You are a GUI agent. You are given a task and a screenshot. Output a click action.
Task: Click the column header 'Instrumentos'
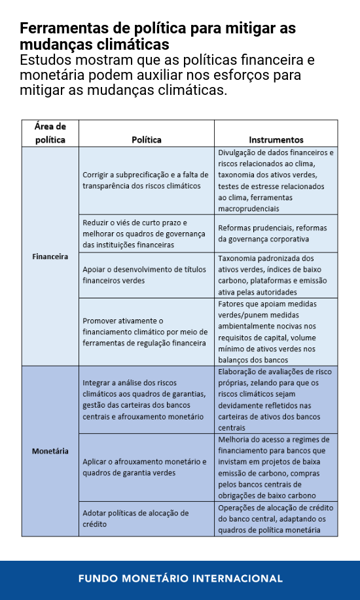point(276,139)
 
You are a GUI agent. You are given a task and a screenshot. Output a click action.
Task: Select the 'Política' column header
point(146,139)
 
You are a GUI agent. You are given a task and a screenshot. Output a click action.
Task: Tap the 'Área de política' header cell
point(50,133)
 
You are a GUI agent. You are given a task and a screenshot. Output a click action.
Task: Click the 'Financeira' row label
point(50,256)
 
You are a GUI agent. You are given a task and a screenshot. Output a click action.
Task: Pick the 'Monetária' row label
point(50,451)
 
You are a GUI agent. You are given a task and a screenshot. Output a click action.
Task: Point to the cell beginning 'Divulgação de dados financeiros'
point(276,181)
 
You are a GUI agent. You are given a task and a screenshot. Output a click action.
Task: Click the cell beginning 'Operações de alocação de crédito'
point(276,519)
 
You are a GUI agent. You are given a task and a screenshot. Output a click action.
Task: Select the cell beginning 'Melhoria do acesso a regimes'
point(276,467)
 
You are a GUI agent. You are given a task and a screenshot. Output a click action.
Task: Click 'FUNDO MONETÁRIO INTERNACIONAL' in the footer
point(180,578)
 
